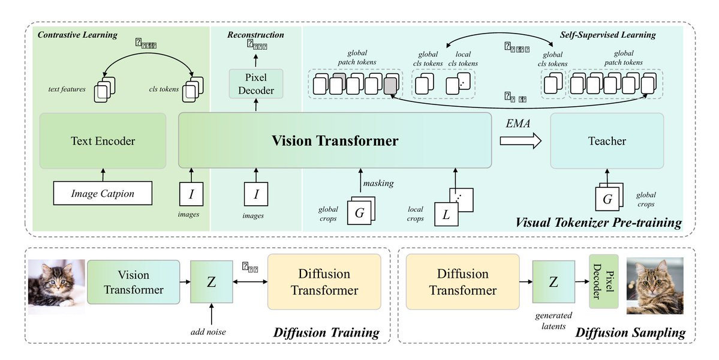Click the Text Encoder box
coord(103,142)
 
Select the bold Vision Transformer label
coord(335,142)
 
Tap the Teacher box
coord(607,142)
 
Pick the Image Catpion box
coord(103,194)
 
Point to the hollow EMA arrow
coord(520,142)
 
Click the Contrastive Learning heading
coord(77,35)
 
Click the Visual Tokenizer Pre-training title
coord(598,223)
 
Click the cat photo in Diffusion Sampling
coord(655,285)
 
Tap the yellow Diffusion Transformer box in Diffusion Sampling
coord(462,282)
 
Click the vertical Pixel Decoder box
coord(603,282)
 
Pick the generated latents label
coord(553,320)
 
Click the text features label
coord(66,89)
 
